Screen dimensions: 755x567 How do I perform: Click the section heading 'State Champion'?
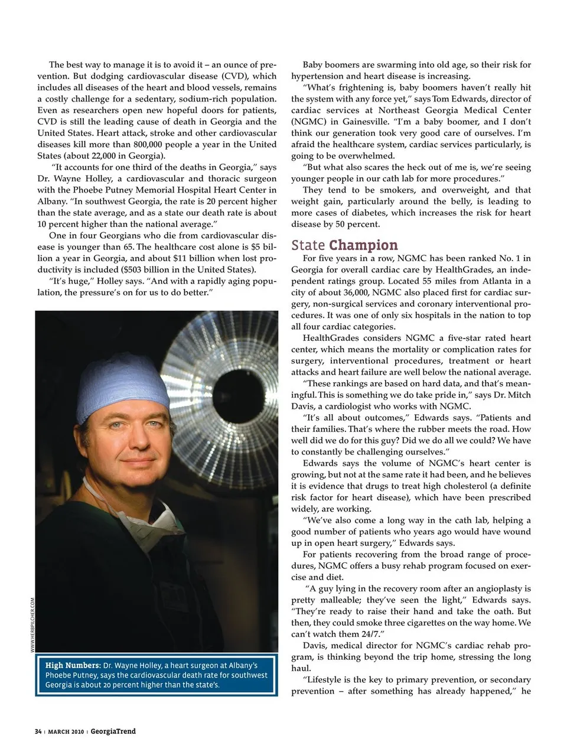(344, 245)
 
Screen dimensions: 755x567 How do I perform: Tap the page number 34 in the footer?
(38, 732)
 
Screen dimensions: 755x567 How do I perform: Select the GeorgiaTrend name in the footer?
(113, 731)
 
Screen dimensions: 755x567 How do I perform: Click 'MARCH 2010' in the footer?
(66, 732)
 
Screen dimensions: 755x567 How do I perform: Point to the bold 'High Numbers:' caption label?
(73, 665)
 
